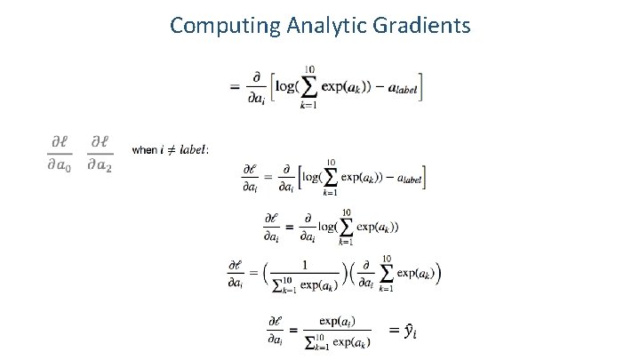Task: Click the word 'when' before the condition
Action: coord(143,149)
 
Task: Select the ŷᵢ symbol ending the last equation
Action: coord(410,331)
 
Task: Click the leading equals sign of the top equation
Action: coord(235,86)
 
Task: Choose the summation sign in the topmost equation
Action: coord(309,86)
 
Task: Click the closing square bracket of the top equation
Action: coord(420,86)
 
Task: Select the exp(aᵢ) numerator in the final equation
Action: coord(338,320)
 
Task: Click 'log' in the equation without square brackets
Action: coord(325,227)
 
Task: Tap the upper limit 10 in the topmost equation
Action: coord(309,68)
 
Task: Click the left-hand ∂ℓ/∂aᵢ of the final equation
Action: coord(276,331)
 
